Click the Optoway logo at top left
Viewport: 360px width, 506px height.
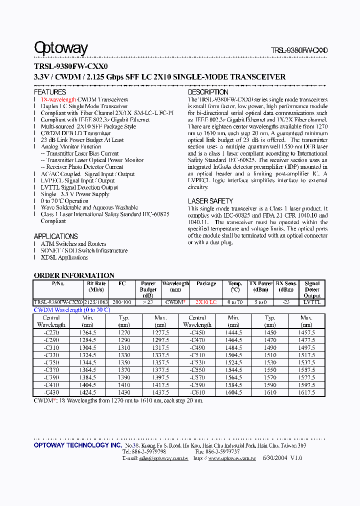60,48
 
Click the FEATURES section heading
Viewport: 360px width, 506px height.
50,92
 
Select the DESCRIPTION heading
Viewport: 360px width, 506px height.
208,92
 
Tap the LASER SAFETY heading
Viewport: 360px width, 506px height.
210,201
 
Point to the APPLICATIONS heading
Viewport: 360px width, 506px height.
56,236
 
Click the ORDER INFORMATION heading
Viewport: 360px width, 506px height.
74,275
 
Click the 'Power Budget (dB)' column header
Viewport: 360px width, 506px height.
148,289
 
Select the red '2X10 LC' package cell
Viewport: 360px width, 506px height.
206,302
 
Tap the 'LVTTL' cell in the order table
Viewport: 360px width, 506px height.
312,302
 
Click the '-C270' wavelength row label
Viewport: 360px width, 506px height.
51,332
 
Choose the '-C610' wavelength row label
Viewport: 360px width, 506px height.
197,392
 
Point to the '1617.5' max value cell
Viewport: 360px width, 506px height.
306,392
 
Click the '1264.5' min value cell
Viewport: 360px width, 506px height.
88,332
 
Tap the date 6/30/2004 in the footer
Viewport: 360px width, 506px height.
276,458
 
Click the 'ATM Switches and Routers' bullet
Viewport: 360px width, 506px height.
73,244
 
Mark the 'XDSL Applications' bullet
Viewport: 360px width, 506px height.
64,257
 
